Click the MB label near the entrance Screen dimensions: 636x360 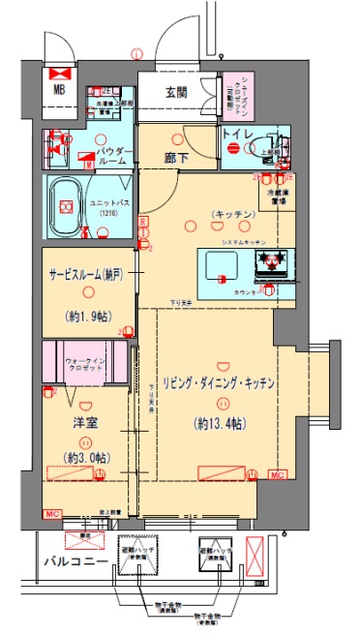coord(60,94)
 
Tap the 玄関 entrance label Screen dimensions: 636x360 coord(175,93)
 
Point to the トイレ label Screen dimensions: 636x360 coord(238,135)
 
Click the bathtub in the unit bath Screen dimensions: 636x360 coord(67,205)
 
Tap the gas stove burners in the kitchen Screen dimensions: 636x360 coord(270,259)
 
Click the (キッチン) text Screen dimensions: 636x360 coord(232,213)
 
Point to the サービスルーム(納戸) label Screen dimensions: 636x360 coord(87,274)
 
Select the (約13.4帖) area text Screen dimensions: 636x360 coord(218,422)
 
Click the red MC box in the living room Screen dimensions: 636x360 coord(278,474)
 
